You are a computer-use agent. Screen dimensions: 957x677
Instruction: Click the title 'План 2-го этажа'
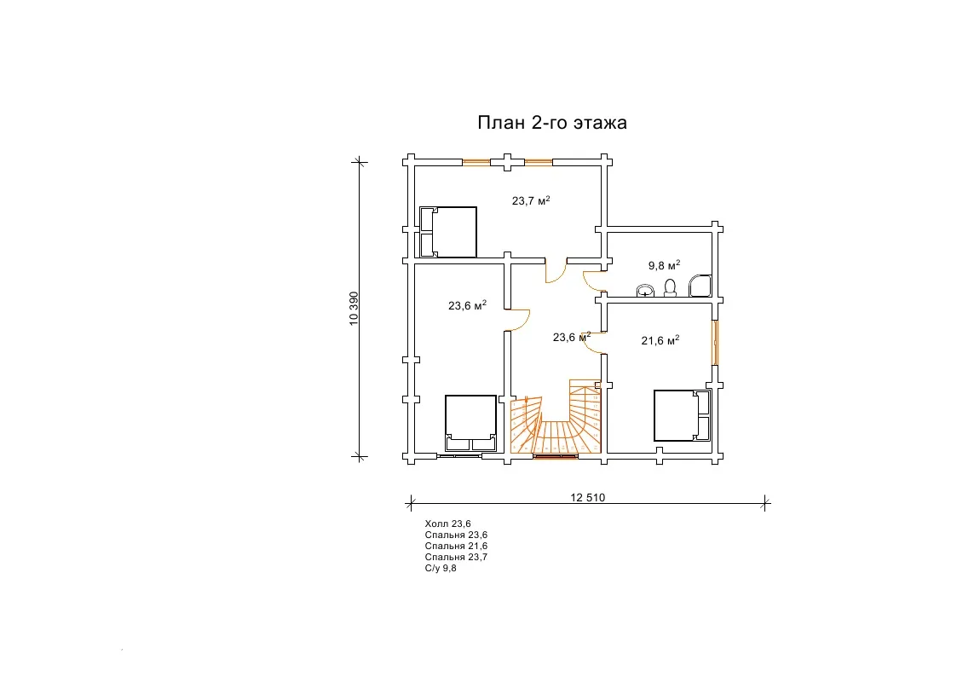(x=551, y=123)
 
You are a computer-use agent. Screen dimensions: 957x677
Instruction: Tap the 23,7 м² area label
(x=531, y=200)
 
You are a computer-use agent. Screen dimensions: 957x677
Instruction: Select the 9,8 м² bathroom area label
(x=664, y=265)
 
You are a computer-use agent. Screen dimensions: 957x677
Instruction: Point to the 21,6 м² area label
(x=660, y=340)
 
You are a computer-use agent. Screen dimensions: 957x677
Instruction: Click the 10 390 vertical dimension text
(x=354, y=309)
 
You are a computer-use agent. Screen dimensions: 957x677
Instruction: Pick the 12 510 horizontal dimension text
(x=588, y=498)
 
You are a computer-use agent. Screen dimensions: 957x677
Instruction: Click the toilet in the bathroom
(x=670, y=288)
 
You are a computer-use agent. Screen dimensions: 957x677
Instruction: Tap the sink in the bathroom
(x=645, y=291)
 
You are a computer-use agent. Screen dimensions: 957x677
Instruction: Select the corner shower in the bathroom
(x=700, y=286)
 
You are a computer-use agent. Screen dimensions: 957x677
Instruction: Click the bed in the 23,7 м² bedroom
(x=448, y=232)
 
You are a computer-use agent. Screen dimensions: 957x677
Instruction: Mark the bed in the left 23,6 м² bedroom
(x=470, y=422)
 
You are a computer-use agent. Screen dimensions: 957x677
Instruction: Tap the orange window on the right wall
(x=715, y=343)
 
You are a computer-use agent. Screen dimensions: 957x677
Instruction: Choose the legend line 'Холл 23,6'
(x=448, y=524)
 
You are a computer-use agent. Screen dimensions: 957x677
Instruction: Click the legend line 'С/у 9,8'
(x=441, y=568)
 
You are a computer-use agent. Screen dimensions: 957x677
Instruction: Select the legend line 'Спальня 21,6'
(x=456, y=546)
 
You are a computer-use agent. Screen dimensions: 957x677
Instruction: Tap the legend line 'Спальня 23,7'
(x=456, y=557)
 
